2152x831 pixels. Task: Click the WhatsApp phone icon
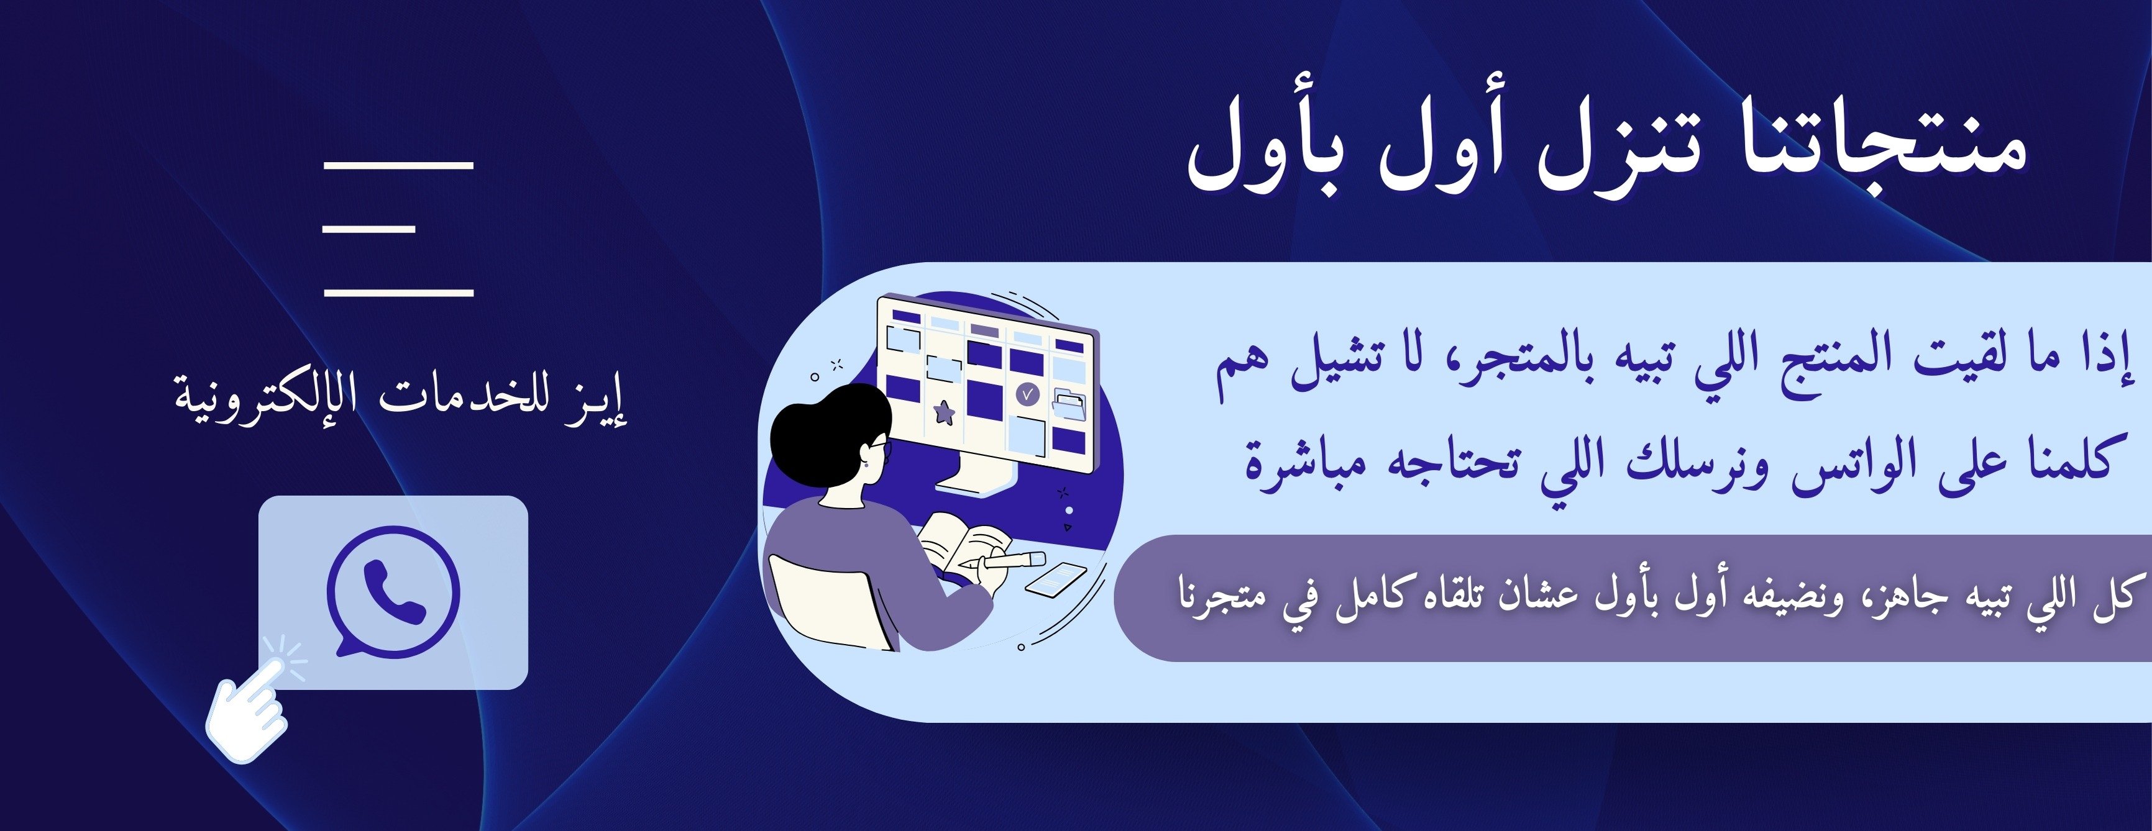393,591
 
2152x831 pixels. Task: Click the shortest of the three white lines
369,228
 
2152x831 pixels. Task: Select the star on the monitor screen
945,411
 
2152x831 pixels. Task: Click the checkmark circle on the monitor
1028,393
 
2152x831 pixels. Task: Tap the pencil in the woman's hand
1002,560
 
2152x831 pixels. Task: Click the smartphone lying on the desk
1056,579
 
